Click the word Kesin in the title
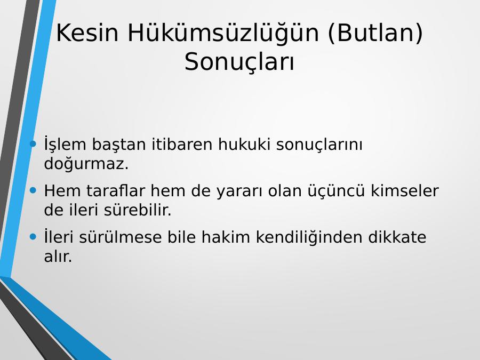click(87, 33)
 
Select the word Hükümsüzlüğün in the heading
click(223, 34)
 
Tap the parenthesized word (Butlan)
click(375, 33)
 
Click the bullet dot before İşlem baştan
click(33, 143)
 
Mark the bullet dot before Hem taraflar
click(33, 190)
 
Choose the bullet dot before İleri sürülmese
click(33, 237)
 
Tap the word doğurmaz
click(86, 164)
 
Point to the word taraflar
click(115, 191)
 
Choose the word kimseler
click(405, 191)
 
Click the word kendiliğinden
click(309, 238)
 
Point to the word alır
click(58, 257)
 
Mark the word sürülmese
click(121, 237)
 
